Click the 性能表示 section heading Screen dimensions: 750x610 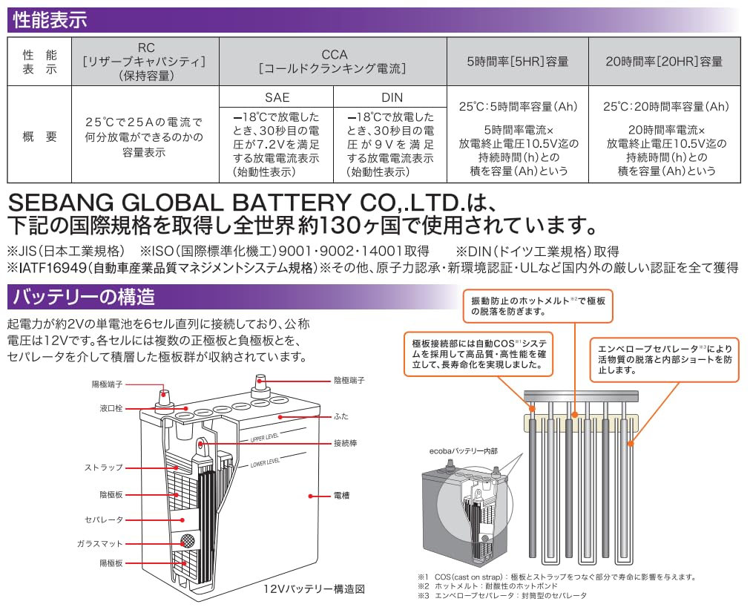(50, 20)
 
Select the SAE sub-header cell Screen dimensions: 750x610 (277, 97)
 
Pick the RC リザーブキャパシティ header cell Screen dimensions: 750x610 (145, 62)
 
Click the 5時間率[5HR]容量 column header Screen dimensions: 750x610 (518, 62)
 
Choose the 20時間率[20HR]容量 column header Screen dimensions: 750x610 (664, 62)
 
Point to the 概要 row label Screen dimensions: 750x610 (40, 137)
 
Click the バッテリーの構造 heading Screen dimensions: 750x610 (84, 297)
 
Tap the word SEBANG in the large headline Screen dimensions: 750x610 (61, 203)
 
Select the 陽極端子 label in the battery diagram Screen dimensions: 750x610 (107, 384)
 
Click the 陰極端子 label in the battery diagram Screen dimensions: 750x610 (349, 381)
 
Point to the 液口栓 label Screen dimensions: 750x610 (111, 408)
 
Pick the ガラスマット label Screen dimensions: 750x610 (100, 543)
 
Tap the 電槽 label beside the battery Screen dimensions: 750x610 (341, 496)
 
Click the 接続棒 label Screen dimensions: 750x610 (346, 443)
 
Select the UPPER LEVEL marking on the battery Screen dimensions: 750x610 (265, 438)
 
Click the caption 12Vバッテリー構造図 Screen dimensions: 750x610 (314, 589)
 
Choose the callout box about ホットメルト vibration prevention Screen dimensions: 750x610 (538, 306)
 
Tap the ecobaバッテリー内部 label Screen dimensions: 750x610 (463, 451)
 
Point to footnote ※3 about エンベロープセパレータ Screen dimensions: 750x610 (502, 596)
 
